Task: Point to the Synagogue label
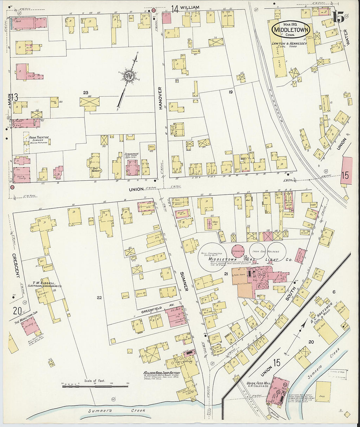(132, 153)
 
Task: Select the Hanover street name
(160, 98)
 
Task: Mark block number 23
(86, 93)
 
